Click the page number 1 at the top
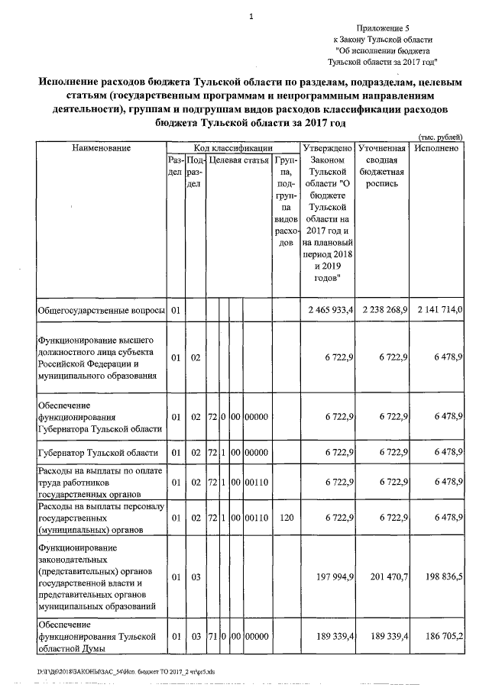250,16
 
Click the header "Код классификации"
232,147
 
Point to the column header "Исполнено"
436,147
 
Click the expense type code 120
286,519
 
